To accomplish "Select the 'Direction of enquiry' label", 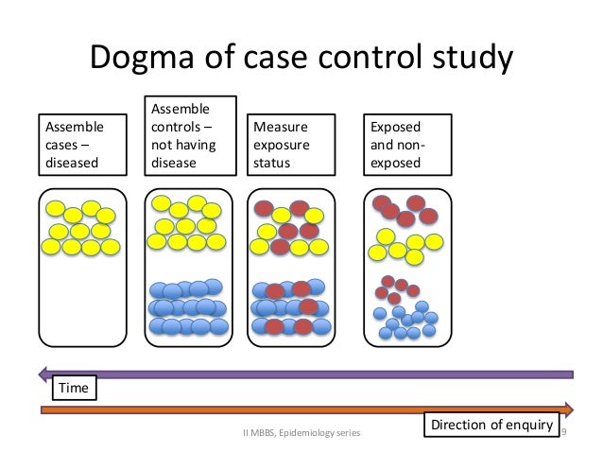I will [x=491, y=426].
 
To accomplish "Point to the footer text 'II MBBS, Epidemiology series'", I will [x=304, y=432].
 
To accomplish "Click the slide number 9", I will [x=563, y=432].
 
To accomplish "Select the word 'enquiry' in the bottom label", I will [x=526, y=426].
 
